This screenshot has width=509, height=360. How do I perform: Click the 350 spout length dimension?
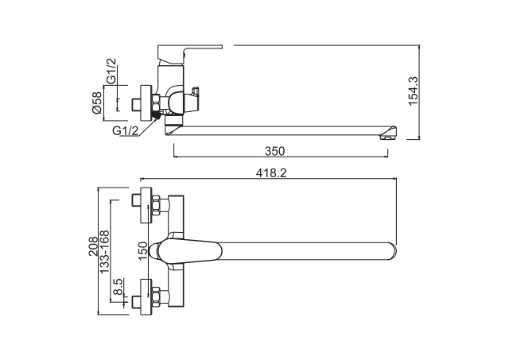click(x=274, y=151)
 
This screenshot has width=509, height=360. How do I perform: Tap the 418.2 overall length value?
click(x=271, y=173)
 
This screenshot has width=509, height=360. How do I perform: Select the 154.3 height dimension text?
click(x=414, y=91)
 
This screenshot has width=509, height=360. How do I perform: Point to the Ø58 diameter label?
click(x=97, y=103)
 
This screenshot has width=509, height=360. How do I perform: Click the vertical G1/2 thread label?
click(x=111, y=71)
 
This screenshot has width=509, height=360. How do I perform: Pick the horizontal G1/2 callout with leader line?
click(x=126, y=130)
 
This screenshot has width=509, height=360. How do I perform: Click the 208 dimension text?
click(x=93, y=246)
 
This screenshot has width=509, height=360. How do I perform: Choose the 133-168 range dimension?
click(x=104, y=252)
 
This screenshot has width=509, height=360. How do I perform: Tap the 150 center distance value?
click(x=142, y=250)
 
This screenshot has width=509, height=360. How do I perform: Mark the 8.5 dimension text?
click(x=118, y=286)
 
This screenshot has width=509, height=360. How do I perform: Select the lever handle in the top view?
click(x=189, y=250)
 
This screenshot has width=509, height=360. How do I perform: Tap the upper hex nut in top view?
click(x=156, y=205)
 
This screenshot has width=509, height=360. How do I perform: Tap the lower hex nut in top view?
click(x=156, y=296)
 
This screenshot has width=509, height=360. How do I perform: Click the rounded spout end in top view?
click(x=392, y=251)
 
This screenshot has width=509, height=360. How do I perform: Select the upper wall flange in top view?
click(x=146, y=205)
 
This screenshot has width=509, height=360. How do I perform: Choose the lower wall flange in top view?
click(x=146, y=296)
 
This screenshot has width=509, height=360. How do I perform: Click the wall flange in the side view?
click(x=146, y=103)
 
